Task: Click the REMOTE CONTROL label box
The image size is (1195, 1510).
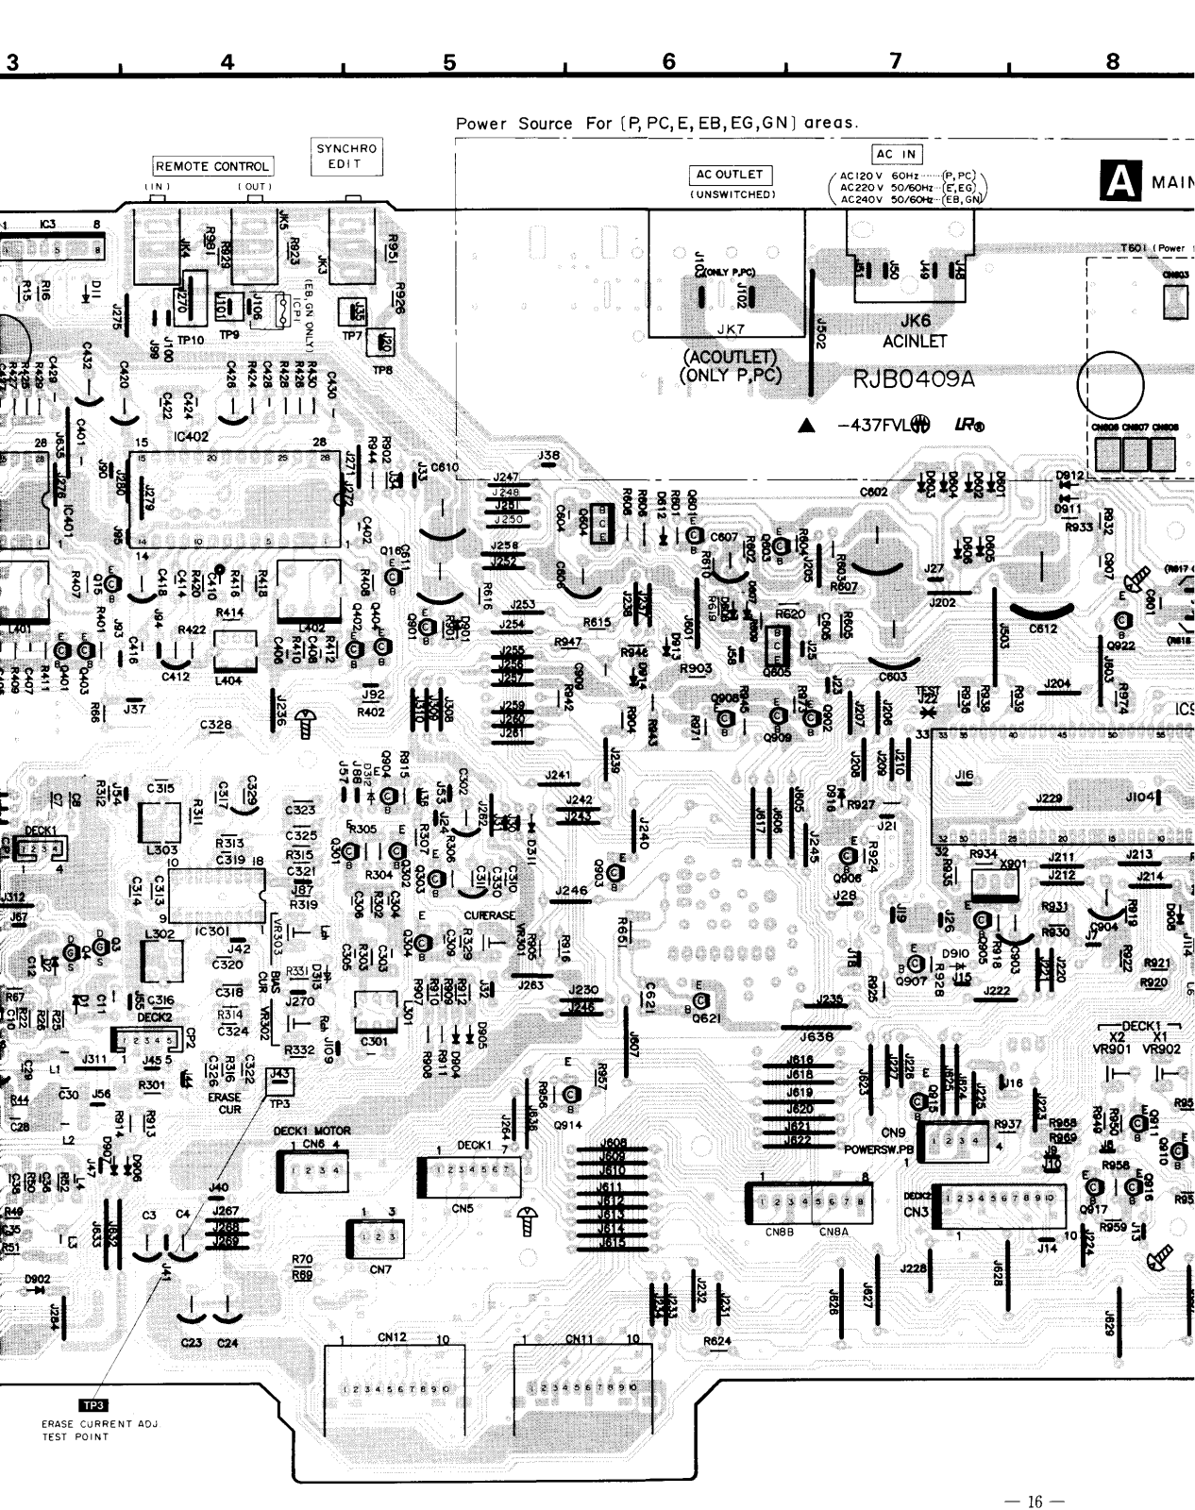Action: (x=213, y=166)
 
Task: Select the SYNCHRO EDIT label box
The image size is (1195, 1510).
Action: (x=346, y=157)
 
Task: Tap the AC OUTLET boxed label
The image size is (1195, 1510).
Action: (x=729, y=175)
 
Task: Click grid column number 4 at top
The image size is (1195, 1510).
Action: (x=227, y=62)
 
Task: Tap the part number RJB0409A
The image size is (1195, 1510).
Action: (x=914, y=379)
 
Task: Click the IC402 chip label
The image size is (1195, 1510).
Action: (x=191, y=436)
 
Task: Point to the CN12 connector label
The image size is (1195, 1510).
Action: (x=392, y=1336)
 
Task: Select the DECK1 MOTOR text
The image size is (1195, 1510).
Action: (x=311, y=1131)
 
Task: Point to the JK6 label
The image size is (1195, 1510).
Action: (x=916, y=321)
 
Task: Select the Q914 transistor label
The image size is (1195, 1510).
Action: (x=568, y=1125)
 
